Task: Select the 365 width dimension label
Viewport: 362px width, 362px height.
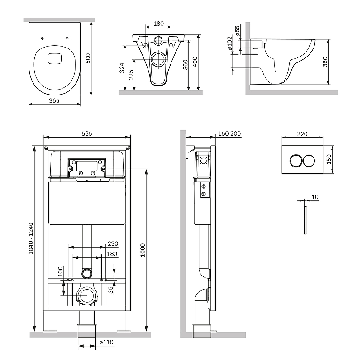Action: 54,100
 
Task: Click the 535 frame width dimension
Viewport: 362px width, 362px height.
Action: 87,133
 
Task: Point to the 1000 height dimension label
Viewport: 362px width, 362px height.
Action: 143,249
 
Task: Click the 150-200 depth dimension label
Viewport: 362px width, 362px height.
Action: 229,134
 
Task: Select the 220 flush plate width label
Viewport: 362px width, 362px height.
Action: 302,133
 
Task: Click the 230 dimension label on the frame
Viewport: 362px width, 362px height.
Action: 112,244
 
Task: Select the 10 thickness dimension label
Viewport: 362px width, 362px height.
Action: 314,197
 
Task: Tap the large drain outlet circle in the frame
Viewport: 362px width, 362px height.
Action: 86,297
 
